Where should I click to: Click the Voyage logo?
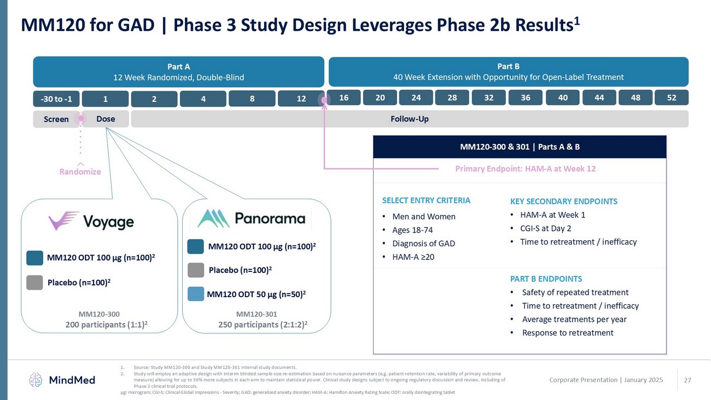pyautogui.click(x=91, y=221)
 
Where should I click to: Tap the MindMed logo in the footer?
pyautogui.click(x=62, y=380)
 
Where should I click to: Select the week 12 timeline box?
pyautogui.click(x=301, y=98)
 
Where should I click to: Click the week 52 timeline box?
pyautogui.click(x=672, y=97)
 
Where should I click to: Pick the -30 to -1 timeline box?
pyautogui.click(x=56, y=98)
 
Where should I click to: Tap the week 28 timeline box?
pyautogui.click(x=452, y=97)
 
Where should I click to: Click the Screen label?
pyautogui.click(x=56, y=119)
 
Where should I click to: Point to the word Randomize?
pyautogui.click(x=80, y=172)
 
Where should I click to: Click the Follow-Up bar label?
pyautogui.click(x=410, y=119)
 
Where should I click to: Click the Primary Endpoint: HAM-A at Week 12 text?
pyautogui.click(x=526, y=169)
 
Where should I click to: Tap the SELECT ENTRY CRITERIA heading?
pyautogui.click(x=426, y=200)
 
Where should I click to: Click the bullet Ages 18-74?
pyautogui.click(x=412, y=230)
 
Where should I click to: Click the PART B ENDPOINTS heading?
pyautogui.click(x=546, y=279)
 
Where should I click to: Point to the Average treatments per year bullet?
pyautogui.click(x=574, y=319)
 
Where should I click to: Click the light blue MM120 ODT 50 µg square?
pyautogui.click(x=196, y=294)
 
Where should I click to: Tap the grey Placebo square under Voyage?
pyautogui.click(x=34, y=282)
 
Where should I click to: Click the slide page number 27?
pyautogui.click(x=687, y=380)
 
